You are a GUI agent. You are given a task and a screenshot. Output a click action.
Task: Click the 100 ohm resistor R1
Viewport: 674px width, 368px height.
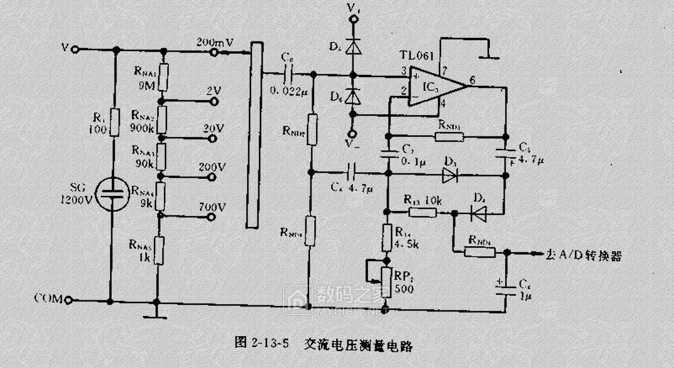[x=114, y=122]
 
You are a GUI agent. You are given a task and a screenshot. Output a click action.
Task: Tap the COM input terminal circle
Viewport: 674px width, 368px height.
[x=68, y=299]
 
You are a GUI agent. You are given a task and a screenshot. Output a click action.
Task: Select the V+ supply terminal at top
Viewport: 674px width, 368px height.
[x=353, y=20]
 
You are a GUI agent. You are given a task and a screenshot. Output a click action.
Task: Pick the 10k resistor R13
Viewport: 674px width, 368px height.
[x=423, y=212]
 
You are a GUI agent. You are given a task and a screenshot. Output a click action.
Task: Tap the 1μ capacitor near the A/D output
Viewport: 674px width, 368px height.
[x=505, y=286]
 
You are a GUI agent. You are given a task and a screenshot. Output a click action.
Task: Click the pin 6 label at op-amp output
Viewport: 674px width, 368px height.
[x=473, y=80]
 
